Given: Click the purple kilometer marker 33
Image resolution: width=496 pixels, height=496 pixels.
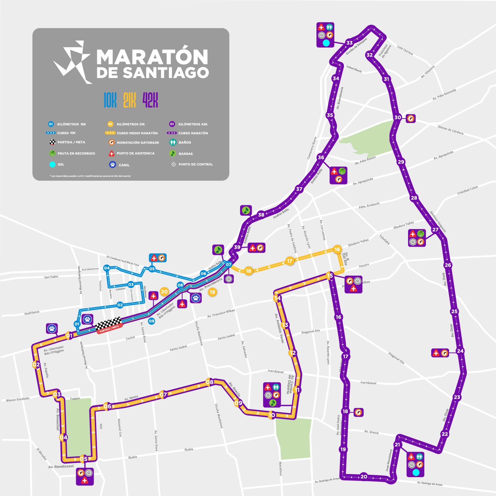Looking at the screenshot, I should (350, 43).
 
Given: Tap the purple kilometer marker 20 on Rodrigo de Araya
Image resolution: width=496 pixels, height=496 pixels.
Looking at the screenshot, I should (364, 476).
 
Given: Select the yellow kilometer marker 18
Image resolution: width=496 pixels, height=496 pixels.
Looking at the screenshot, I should (248, 271).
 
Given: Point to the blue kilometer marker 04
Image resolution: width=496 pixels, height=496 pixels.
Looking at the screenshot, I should (107, 268).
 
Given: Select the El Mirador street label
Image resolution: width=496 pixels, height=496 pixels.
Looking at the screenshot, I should (42, 454).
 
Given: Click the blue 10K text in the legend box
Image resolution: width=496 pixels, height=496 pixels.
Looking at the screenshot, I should (110, 100).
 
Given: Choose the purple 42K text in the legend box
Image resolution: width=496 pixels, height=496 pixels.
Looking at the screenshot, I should (150, 100).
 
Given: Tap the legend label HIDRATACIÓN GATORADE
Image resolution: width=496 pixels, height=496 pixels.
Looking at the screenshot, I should (138, 143).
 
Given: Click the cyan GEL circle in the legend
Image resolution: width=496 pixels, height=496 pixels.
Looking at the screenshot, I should (52, 164).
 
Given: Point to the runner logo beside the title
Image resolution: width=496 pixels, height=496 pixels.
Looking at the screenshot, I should (73, 62).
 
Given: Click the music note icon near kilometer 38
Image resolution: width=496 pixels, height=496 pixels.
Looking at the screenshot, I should (246, 210).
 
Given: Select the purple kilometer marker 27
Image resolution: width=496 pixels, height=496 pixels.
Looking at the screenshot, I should (435, 230).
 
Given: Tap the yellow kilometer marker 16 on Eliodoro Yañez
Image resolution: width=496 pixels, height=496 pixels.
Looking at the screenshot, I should (337, 250).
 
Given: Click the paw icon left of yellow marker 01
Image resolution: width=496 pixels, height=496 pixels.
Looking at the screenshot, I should (52, 328).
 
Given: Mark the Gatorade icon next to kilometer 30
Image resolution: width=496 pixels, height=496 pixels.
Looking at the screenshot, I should (411, 118).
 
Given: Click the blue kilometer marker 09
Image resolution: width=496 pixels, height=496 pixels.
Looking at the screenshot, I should (151, 321).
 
